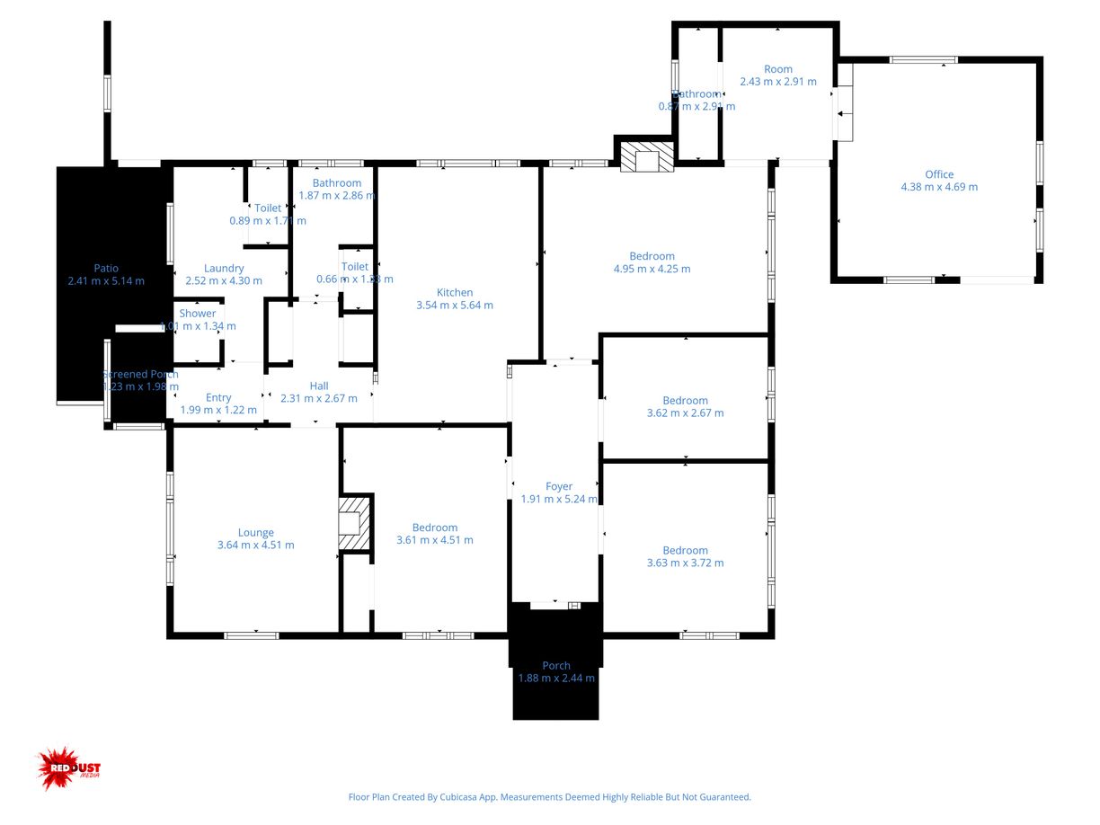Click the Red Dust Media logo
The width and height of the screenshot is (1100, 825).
pyautogui.click(x=69, y=768)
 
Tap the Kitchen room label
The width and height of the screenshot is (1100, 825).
pyautogui.click(x=455, y=292)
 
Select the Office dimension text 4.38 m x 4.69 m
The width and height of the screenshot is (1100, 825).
pyautogui.click(x=939, y=187)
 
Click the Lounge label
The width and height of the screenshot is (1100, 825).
pyautogui.click(x=256, y=532)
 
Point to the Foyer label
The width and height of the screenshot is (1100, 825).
pyautogui.click(x=559, y=486)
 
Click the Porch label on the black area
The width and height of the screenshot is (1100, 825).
pyautogui.click(x=556, y=665)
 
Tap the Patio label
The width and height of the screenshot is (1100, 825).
pyautogui.click(x=106, y=268)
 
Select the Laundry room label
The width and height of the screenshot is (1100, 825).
pyautogui.click(x=224, y=268)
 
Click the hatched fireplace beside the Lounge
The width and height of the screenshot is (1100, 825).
pyautogui.click(x=353, y=522)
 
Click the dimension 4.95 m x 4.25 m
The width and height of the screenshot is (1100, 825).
pyautogui.click(x=652, y=269)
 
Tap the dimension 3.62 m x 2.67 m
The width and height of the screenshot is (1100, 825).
pyautogui.click(x=685, y=413)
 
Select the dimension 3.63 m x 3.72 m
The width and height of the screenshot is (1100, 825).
pyautogui.click(x=685, y=563)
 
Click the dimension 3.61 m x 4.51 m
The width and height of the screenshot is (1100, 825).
pyautogui.click(x=435, y=540)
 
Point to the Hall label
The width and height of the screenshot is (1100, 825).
pyautogui.click(x=319, y=386)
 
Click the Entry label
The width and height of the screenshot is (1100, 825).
pyautogui.click(x=218, y=397)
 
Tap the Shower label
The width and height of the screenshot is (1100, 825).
pyautogui.click(x=198, y=314)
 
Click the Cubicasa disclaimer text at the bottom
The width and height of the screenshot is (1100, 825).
pyautogui.click(x=549, y=797)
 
